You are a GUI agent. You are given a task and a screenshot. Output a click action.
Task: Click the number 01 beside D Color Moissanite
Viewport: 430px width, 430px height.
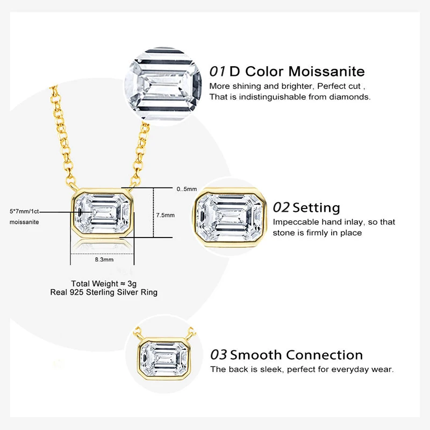coord(218,71)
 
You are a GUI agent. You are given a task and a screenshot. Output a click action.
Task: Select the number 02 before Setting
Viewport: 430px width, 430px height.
coord(282,207)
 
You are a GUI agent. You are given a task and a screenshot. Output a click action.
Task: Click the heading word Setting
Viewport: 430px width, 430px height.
coord(316,207)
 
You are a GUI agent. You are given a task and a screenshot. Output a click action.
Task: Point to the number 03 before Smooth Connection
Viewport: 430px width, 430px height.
coord(219,355)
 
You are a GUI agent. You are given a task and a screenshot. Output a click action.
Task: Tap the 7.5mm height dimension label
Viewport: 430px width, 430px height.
coord(165,215)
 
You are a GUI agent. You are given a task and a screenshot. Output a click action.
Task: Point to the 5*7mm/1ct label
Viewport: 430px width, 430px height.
coord(24,211)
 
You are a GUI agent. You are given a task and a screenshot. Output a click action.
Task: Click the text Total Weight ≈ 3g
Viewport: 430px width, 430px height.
coord(102,283)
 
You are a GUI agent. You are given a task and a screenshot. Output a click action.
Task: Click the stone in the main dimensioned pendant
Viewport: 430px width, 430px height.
coord(101,214)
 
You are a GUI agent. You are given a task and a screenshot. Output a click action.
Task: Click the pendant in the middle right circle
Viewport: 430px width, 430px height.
coord(230,214)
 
